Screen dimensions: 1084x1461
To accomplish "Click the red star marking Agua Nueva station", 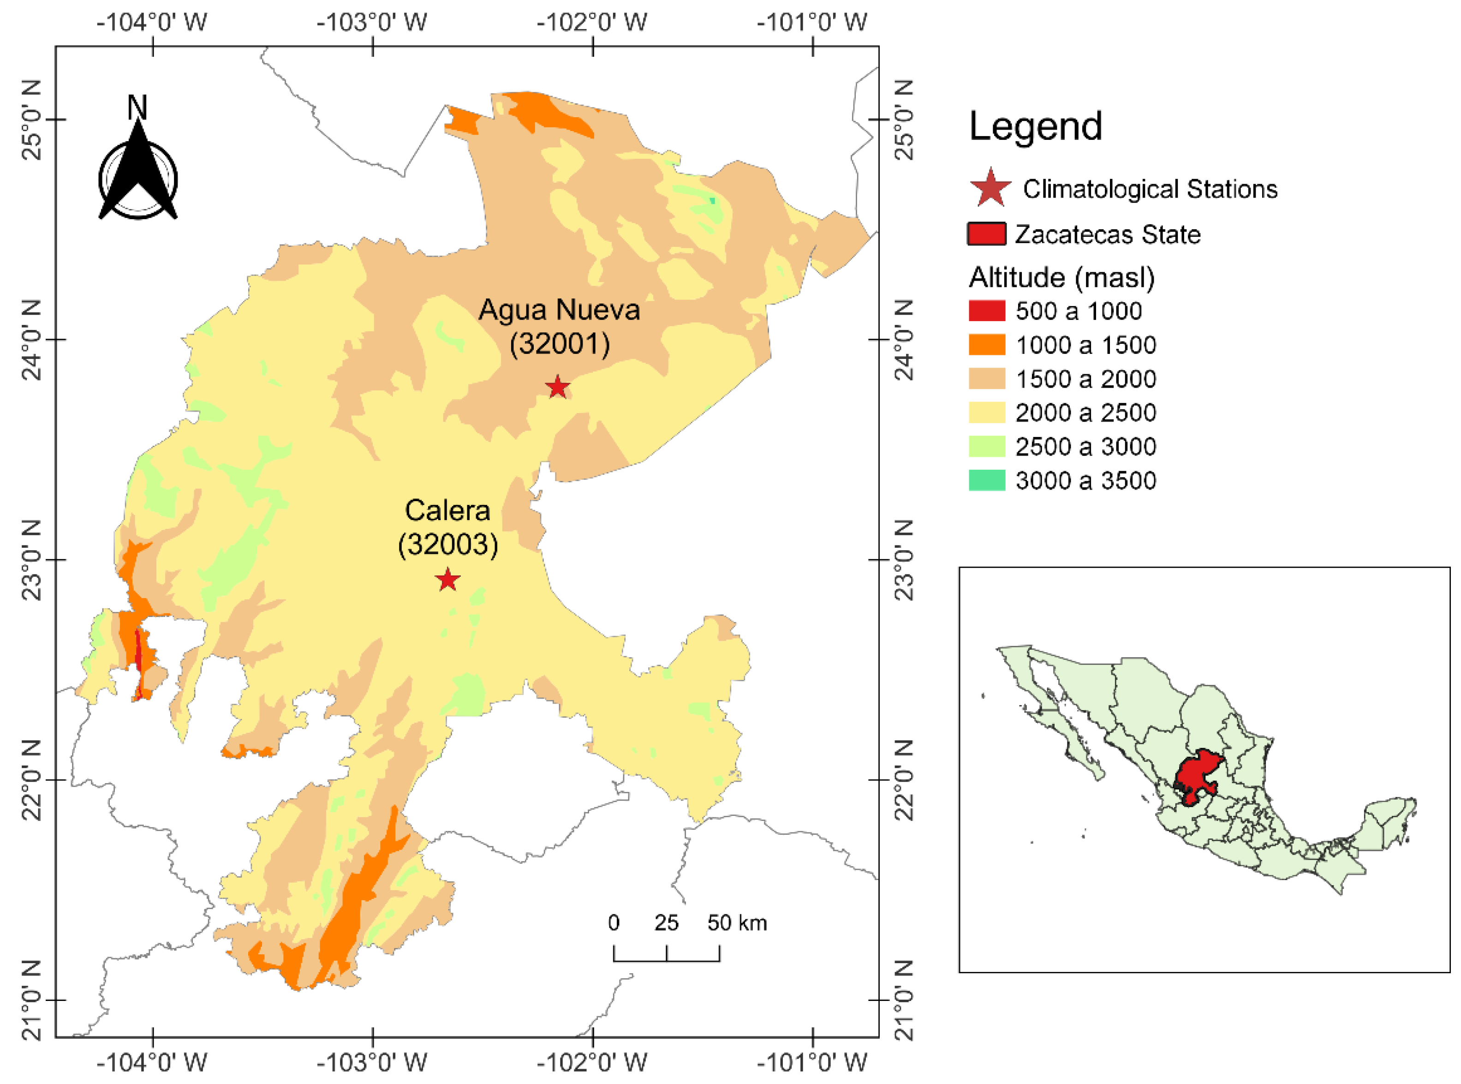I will click(x=557, y=387).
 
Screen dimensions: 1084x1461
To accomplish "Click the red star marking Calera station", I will click(x=447, y=580).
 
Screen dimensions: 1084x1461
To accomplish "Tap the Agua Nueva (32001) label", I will click(x=559, y=327).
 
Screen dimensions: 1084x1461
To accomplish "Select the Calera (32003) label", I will click(x=447, y=527).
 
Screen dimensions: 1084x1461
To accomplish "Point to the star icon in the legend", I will click(x=990, y=188).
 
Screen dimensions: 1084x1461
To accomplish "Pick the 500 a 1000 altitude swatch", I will click(x=986, y=311).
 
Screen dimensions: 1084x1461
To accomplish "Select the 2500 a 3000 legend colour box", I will click(x=986, y=446).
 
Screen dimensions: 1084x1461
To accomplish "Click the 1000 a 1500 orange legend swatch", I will click(x=986, y=345).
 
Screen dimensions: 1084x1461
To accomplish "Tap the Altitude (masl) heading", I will click(x=1061, y=277).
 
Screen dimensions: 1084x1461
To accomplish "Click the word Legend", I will click(x=1035, y=126).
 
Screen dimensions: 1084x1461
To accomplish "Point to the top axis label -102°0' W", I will click(x=592, y=22).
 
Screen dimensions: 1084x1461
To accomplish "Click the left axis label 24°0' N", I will click(x=31, y=339).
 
